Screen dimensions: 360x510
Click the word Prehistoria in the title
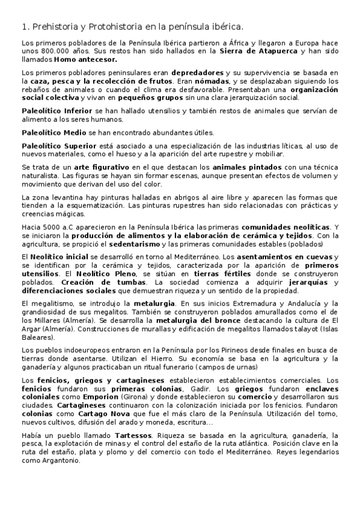55,26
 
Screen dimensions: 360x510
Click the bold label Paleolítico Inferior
57,112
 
